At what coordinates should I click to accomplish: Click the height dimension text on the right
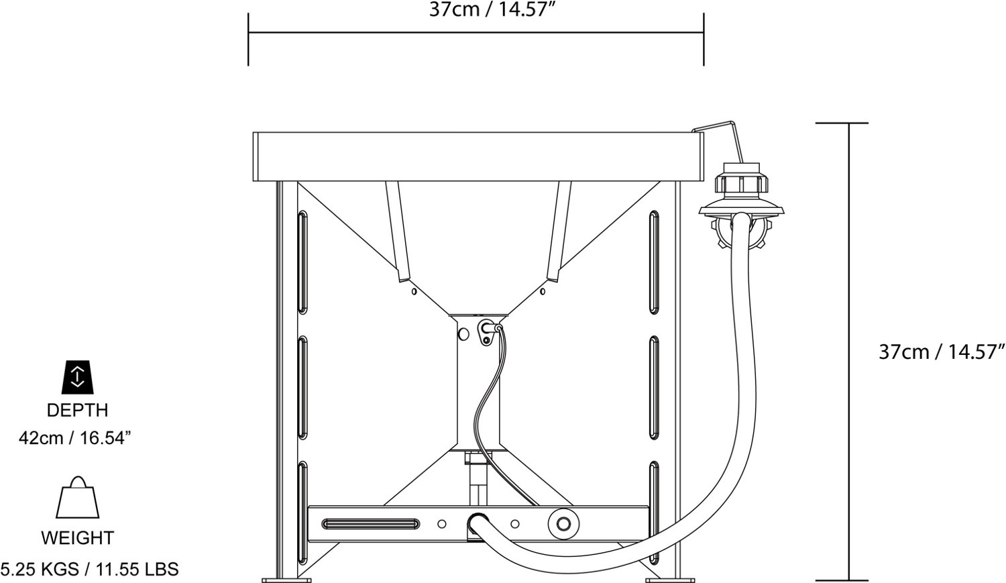[x=941, y=352]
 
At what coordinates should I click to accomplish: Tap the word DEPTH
[x=77, y=410]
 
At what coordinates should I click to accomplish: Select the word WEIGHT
[x=77, y=537]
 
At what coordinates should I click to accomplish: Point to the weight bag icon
[x=77, y=497]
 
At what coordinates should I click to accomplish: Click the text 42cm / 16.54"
[x=74, y=438]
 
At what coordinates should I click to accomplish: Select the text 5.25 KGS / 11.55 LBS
[x=89, y=569]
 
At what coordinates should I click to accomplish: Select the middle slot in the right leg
[x=654, y=388]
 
